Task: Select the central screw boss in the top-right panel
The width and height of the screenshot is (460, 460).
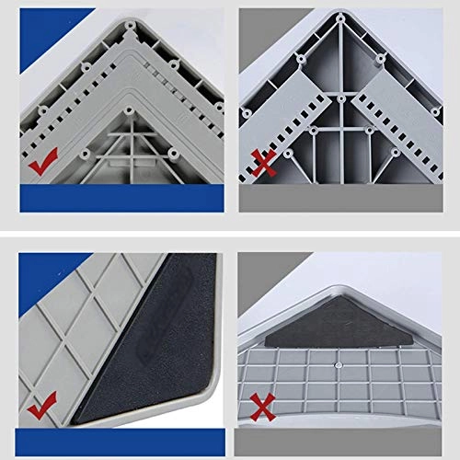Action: click(x=340, y=97)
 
